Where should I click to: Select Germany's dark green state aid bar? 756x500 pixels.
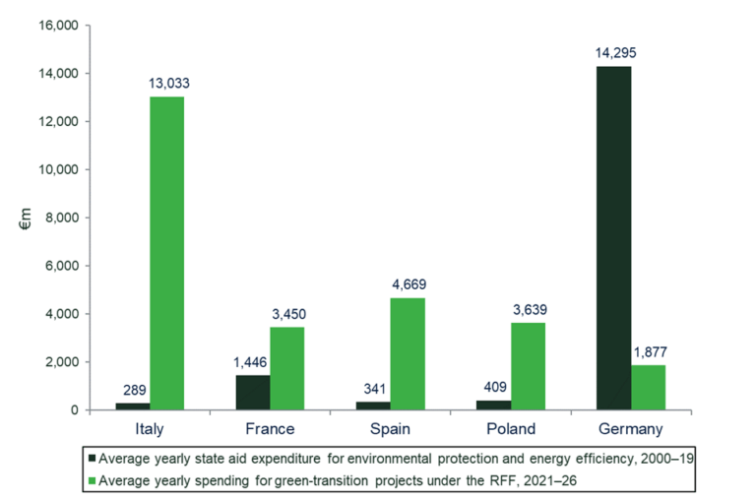pyautogui.click(x=612, y=237)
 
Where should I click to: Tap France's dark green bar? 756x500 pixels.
pyautogui.click(x=252, y=392)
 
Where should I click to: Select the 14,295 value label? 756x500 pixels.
pyautogui.click(x=612, y=53)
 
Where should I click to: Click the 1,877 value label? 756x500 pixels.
pyautogui.click(x=649, y=352)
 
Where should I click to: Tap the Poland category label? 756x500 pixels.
pyautogui.click(x=510, y=429)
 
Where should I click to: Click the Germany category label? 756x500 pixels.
pyautogui.click(x=630, y=429)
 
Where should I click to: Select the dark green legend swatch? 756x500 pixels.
pyautogui.click(x=93, y=458)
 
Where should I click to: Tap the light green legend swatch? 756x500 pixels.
pyautogui.click(x=93, y=479)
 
